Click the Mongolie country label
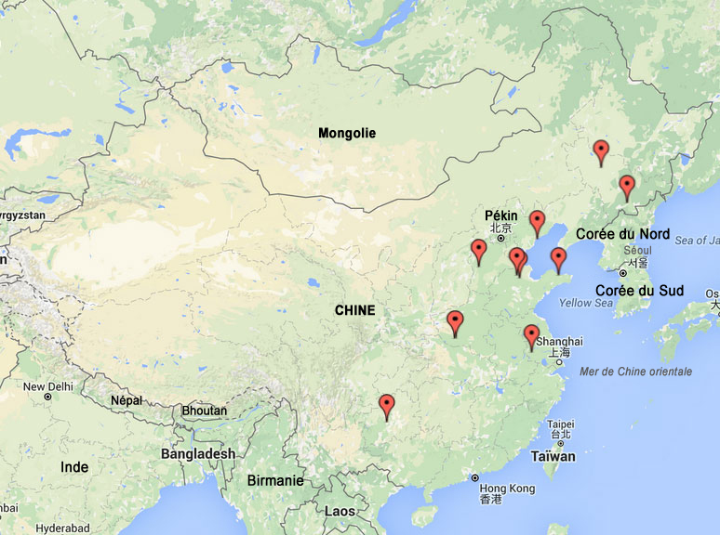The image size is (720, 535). (346, 133)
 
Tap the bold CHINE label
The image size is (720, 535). (353, 310)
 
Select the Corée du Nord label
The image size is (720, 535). (622, 234)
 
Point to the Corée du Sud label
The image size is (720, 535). (639, 291)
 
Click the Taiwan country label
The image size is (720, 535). (553, 456)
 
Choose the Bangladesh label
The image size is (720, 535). (198, 453)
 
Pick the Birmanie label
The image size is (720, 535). (275, 480)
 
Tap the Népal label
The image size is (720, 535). (127, 400)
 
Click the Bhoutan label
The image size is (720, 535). (205, 411)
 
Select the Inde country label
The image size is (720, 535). (74, 467)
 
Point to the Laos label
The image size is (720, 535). (340, 511)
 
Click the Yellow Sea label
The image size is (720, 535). (586, 303)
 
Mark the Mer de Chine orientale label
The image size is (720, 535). (635, 372)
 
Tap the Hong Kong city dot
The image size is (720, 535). (474, 477)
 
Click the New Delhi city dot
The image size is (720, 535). (47, 397)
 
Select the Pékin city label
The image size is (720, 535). (500, 215)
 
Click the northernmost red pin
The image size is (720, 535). (601, 150)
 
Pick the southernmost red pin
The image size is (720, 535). (387, 405)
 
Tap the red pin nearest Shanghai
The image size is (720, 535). (531, 335)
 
